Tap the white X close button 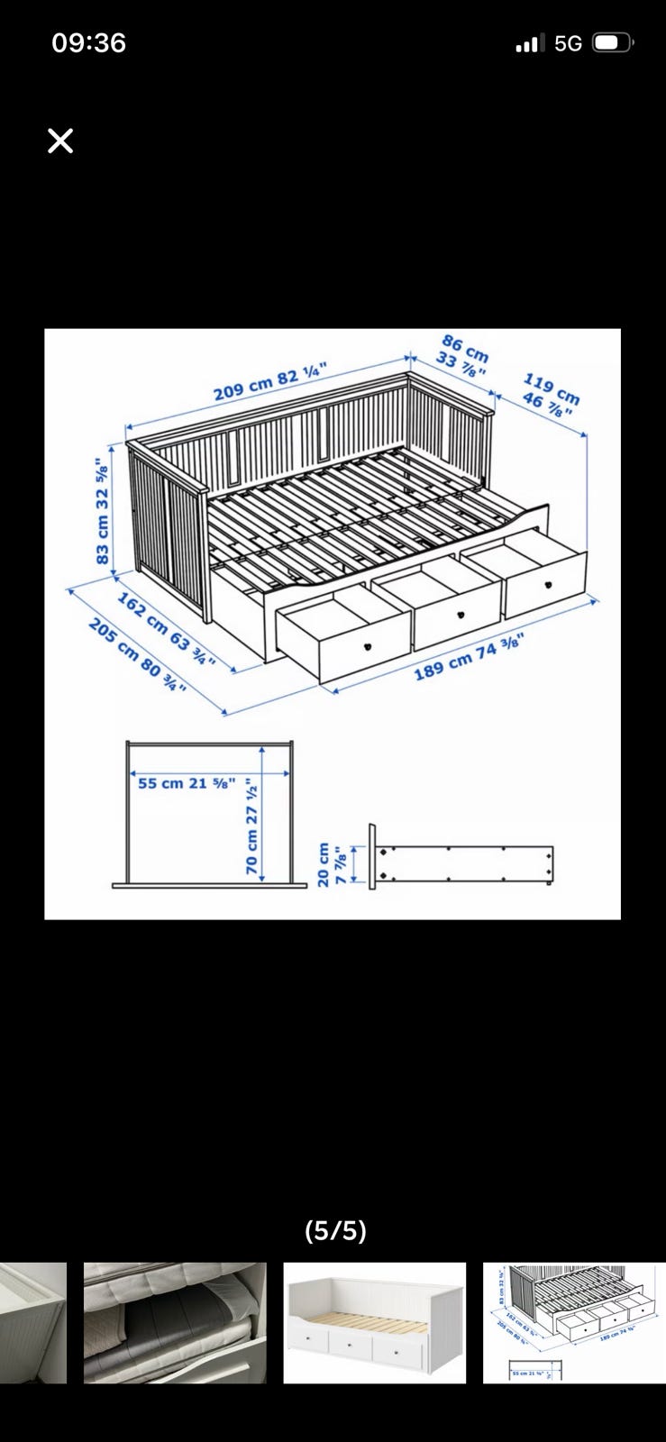(x=60, y=141)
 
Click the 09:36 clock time (x=89, y=43)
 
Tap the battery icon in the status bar (x=613, y=43)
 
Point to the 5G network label (x=568, y=44)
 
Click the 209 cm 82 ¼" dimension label (x=271, y=382)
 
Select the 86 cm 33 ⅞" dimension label (x=462, y=357)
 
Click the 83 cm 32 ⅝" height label (x=103, y=511)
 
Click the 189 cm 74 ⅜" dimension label (x=470, y=657)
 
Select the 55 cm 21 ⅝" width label (x=187, y=783)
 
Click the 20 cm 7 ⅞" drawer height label (x=332, y=864)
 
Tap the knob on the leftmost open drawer (x=368, y=645)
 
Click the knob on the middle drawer (x=461, y=615)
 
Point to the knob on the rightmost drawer (x=549, y=585)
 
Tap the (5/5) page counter (x=335, y=1230)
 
